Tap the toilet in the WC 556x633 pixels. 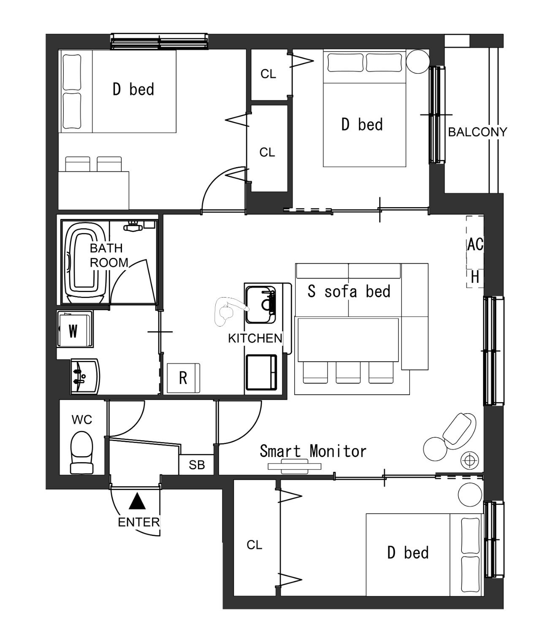coord(82,452)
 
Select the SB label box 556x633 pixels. coord(197,465)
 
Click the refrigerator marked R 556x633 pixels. coord(183,378)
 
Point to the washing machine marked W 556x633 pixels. coord(75,329)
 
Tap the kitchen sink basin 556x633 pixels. coord(260,305)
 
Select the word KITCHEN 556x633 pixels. coord(255,338)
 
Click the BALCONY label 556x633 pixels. coord(477,132)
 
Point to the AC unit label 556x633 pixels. coord(475,244)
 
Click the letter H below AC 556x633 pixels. coord(475,277)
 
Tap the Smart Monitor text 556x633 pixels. coord(313,451)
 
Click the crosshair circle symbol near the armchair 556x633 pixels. coord(469,460)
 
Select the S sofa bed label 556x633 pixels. coord(349,291)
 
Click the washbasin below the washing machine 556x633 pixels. coord(84,376)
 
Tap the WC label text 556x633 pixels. coord(82,420)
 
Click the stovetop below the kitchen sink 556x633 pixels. coord(261,372)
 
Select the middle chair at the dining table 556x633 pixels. coord(348,372)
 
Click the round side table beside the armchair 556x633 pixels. coord(435,449)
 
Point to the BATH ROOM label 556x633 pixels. coord(109,255)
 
